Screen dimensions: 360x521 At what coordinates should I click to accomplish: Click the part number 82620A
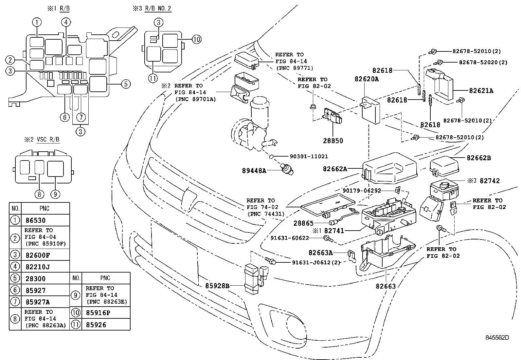(367, 79)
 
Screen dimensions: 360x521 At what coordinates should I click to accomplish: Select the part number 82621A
(481, 91)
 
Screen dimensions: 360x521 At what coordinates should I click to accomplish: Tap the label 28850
(332, 141)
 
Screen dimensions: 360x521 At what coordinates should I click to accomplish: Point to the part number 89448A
(254, 170)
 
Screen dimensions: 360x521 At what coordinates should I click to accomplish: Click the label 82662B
(479, 158)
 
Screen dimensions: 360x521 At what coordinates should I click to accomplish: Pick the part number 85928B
(217, 286)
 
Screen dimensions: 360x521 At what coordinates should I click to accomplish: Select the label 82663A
(320, 252)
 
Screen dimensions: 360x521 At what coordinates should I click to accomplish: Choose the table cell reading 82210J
(38, 267)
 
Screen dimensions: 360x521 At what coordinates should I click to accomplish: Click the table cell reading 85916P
(98, 313)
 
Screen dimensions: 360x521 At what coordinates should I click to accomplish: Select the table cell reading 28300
(35, 278)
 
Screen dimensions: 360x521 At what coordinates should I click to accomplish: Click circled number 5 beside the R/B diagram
(126, 84)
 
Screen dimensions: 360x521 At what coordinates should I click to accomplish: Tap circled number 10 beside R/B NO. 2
(196, 40)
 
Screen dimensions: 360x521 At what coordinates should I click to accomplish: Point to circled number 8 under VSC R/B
(39, 194)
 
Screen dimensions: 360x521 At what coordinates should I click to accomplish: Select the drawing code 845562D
(497, 337)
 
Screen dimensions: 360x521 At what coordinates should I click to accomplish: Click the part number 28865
(304, 223)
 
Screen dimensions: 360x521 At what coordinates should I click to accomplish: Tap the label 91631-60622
(290, 238)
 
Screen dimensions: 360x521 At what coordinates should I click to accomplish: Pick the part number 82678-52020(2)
(483, 62)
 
